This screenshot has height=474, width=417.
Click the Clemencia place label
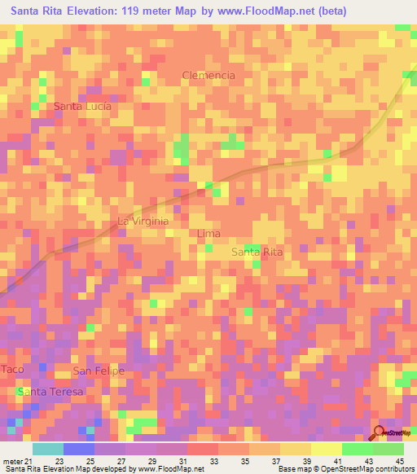click(x=208, y=75)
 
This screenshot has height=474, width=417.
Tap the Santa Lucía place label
click(x=82, y=106)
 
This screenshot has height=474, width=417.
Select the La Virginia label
click(x=143, y=221)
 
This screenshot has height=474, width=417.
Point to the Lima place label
click(x=209, y=234)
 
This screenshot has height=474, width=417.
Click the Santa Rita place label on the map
click(x=257, y=252)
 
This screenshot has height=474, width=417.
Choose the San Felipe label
click(x=99, y=371)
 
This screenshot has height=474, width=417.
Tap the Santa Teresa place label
click(x=51, y=392)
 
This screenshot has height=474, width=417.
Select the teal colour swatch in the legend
click(x=48, y=449)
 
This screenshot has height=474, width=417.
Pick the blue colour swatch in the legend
click(x=79, y=449)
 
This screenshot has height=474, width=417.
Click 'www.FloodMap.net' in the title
click(x=272, y=11)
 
